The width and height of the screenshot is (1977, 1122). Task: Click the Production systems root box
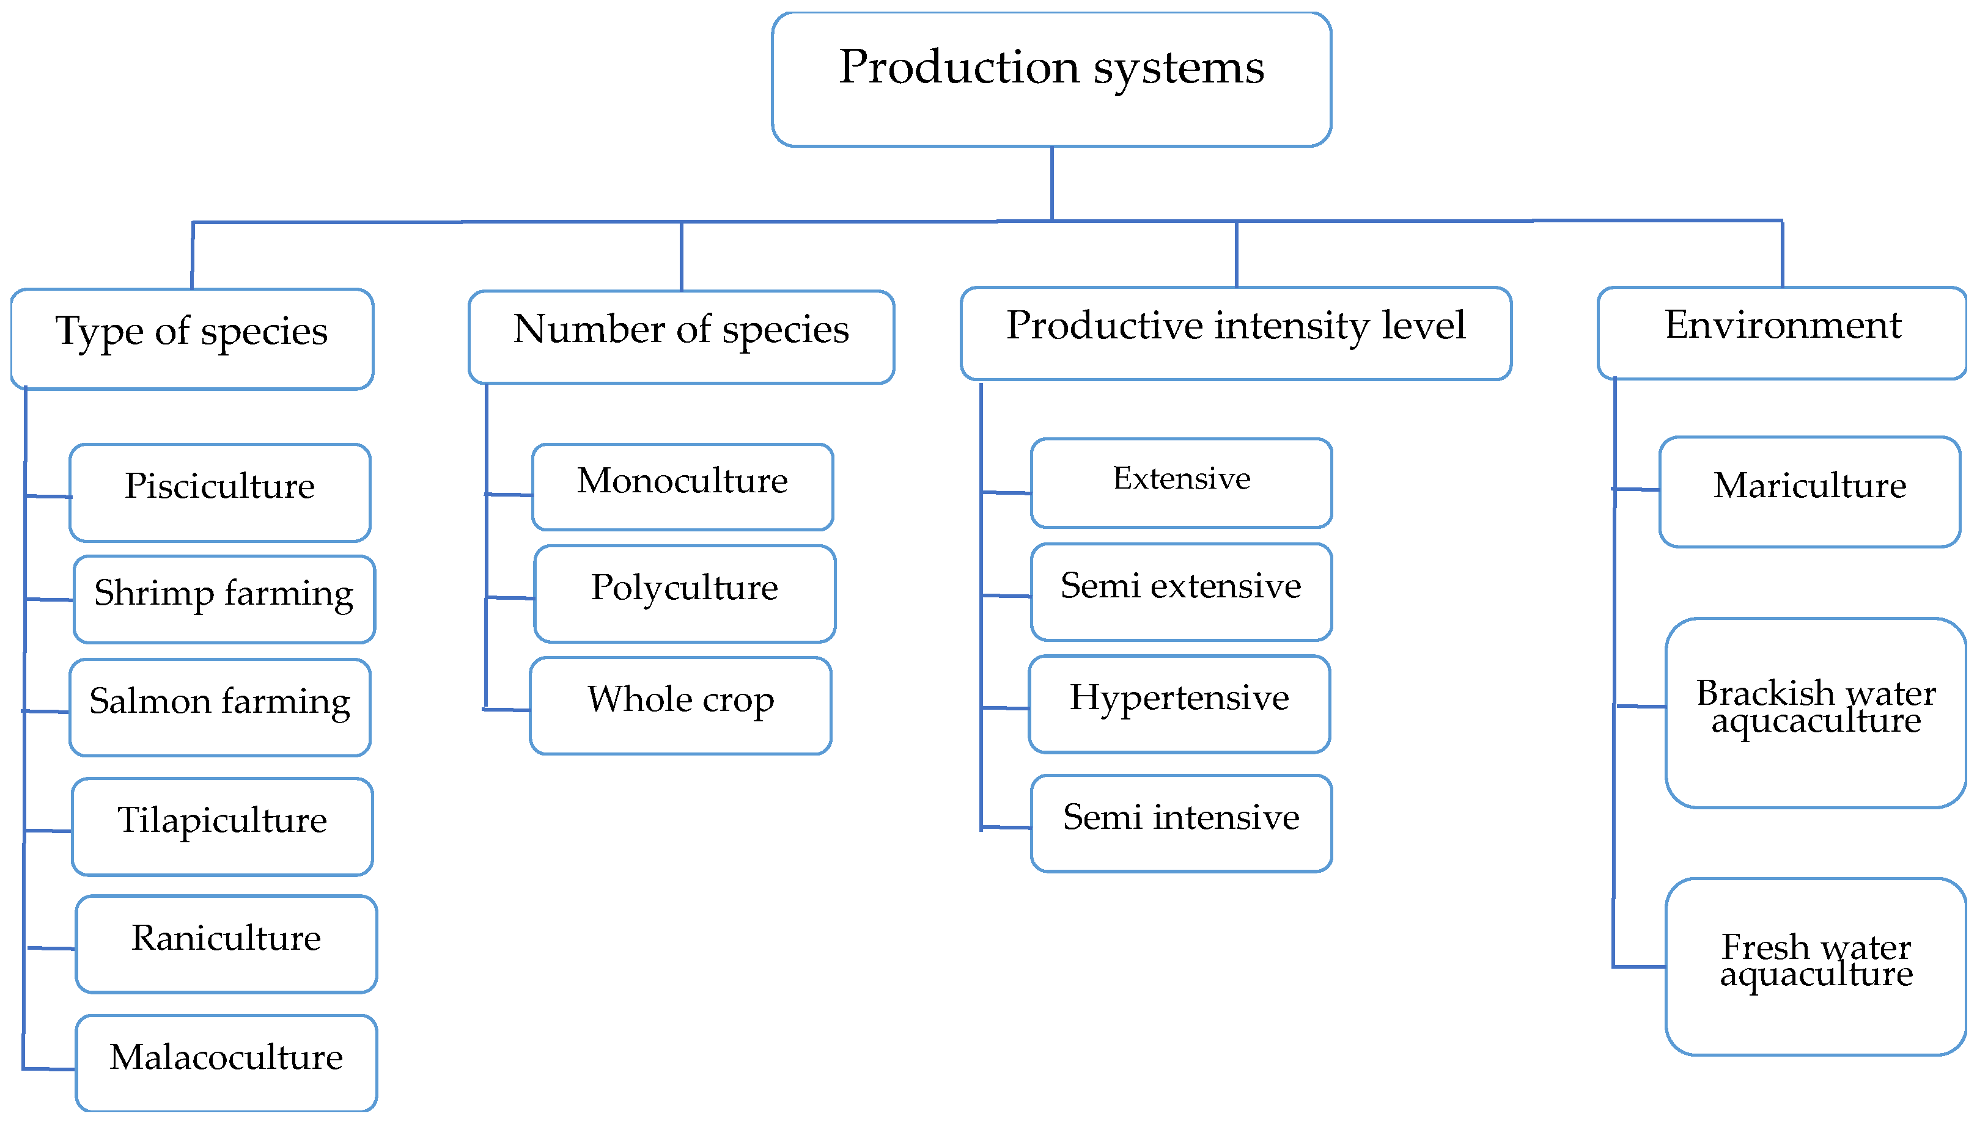(x=1051, y=79)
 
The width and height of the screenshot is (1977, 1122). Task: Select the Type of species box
(x=192, y=338)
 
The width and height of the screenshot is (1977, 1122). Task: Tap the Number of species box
(x=681, y=337)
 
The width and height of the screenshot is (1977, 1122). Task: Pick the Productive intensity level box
(x=1235, y=333)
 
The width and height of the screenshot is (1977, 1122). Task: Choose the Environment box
(x=1781, y=333)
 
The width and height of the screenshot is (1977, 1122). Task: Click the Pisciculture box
(x=219, y=492)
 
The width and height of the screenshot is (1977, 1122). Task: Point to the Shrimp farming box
(x=224, y=599)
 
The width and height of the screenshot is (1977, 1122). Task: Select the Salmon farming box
(x=219, y=707)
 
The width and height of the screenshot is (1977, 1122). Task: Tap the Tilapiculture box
(x=222, y=826)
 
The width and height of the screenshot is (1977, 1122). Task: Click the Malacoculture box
(x=226, y=1062)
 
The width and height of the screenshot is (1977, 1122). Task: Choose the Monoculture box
(x=682, y=486)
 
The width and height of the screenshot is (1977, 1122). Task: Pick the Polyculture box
(x=685, y=593)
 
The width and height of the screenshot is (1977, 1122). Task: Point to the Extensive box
(x=1181, y=483)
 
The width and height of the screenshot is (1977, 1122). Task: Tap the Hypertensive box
(x=1179, y=704)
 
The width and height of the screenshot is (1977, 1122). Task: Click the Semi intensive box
(x=1181, y=823)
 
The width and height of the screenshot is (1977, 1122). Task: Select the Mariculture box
(x=1809, y=492)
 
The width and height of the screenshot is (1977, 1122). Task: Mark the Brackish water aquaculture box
(x=1815, y=713)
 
